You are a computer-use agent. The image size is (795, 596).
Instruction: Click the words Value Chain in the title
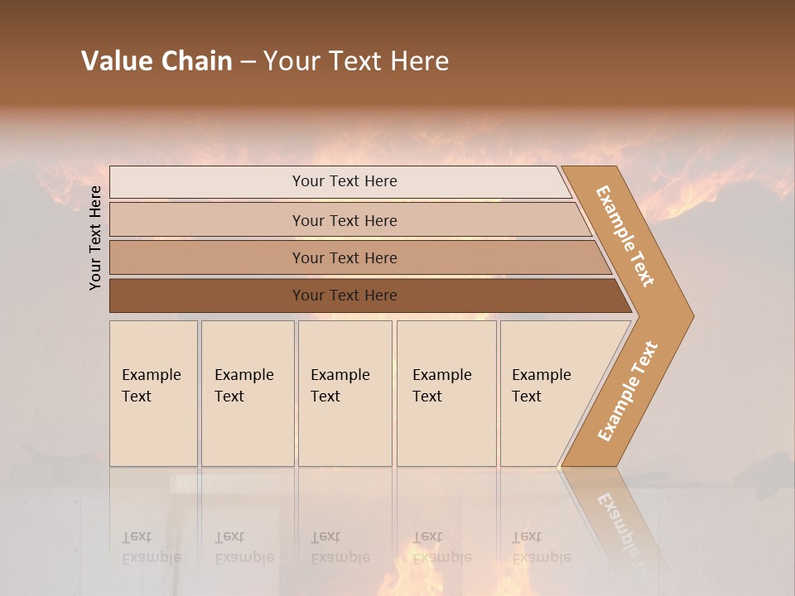pos(157,61)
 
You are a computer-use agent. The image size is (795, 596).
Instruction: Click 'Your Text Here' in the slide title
pos(356,61)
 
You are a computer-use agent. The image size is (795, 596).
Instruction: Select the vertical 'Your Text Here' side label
pos(95,238)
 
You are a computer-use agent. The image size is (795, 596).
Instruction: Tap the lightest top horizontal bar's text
pos(344,181)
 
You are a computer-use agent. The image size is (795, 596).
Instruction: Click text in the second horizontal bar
pos(344,221)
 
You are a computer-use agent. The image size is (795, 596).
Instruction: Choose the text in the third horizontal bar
pos(344,258)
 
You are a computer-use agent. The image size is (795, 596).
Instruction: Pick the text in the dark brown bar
pos(344,296)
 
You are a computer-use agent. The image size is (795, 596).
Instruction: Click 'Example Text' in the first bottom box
pos(151,386)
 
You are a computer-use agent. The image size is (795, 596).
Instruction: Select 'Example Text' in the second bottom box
pos(243,386)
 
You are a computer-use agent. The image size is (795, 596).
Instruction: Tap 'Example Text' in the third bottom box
pos(340,386)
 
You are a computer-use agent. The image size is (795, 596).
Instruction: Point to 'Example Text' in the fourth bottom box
pos(441,386)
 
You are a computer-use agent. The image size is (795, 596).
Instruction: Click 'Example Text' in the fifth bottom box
pos(541,386)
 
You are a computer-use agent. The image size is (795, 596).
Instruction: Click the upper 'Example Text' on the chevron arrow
pos(626,236)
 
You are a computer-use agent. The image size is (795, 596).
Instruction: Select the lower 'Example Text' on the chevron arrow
pos(628,391)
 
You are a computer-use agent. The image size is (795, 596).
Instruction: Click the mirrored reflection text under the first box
pos(151,547)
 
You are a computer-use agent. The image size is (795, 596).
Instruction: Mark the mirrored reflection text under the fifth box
pos(541,547)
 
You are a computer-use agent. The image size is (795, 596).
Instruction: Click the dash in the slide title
pos(248,62)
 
